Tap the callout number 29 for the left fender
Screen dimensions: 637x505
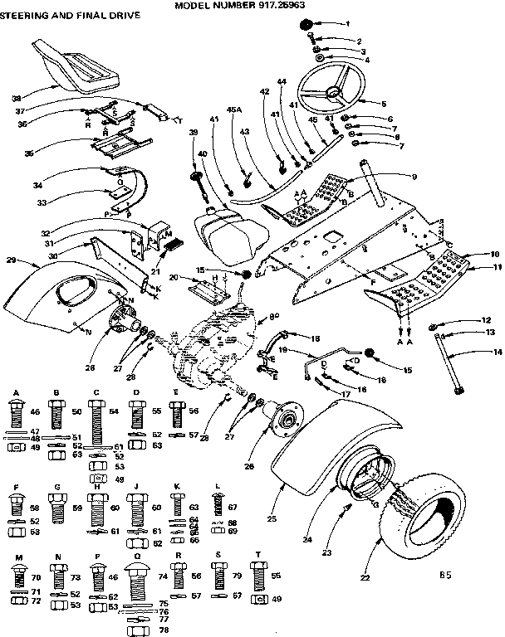tap(12, 260)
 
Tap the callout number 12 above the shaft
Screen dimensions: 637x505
tap(488, 320)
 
